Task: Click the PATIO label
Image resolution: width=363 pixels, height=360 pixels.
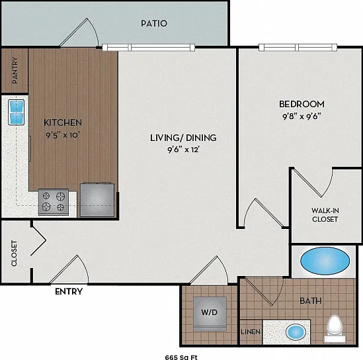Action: (154, 23)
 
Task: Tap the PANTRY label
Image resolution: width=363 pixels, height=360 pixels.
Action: (15, 70)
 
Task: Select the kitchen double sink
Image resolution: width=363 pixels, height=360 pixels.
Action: (17, 112)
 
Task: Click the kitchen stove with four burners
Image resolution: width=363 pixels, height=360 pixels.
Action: (54, 202)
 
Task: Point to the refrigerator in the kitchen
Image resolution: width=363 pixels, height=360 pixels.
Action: (97, 200)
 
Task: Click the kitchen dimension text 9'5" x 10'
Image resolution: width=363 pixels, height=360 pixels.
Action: (63, 134)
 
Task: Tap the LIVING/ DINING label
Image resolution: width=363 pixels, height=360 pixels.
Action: (183, 138)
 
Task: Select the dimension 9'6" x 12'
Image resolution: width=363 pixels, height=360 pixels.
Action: (183, 150)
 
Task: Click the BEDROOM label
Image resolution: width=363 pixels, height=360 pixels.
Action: (302, 104)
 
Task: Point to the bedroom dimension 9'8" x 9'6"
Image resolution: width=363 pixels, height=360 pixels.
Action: (302, 116)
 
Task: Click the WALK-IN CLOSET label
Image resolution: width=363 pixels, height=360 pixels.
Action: (325, 215)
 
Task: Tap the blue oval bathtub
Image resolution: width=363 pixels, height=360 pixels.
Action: (325, 261)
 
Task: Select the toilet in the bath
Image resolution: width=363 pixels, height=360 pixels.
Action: (335, 328)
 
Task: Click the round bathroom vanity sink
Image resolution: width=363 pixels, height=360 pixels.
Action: (296, 332)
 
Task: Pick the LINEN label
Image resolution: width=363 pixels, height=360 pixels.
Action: (251, 332)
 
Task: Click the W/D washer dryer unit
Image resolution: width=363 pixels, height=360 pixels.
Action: (210, 314)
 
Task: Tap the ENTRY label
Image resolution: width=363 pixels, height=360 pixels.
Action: (69, 291)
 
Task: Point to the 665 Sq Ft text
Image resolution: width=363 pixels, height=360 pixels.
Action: (181, 357)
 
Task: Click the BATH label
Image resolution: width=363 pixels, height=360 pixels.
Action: (311, 300)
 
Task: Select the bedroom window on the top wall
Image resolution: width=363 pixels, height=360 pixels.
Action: (298, 47)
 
